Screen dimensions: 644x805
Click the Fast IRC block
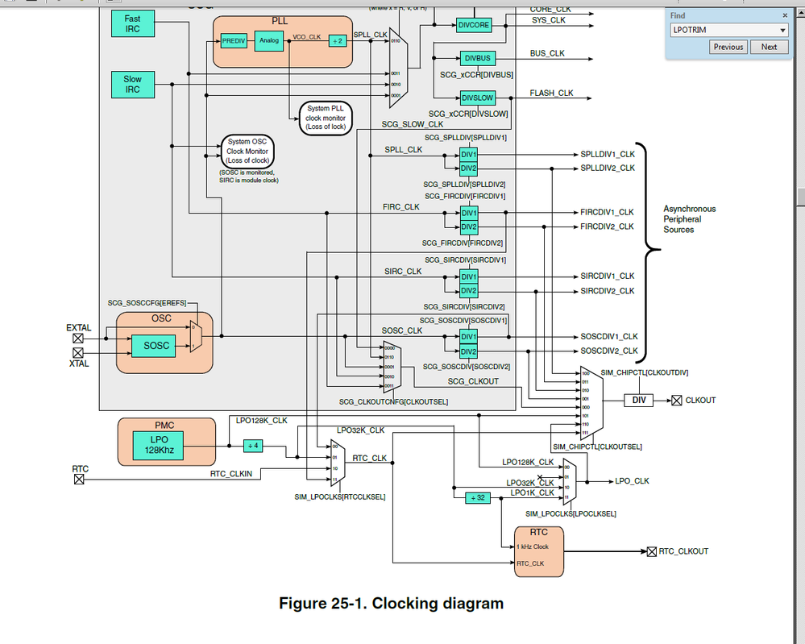tap(132, 23)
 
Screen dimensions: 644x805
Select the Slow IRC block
tap(132, 84)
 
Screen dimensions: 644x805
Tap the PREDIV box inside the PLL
tap(233, 39)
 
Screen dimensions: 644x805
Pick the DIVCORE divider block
tap(473, 25)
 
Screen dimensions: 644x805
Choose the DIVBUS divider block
tap(477, 58)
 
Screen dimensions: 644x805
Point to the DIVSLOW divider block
tap(478, 98)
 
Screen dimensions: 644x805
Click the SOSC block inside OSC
tap(157, 346)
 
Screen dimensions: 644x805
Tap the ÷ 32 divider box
tap(476, 497)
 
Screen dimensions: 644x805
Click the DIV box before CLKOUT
tap(638, 400)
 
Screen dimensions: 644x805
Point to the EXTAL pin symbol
tap(78, 339)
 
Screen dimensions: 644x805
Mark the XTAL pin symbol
tap(78, 353)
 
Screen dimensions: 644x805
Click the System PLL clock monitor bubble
tap(325, 118)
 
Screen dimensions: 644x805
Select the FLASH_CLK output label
tap(551, 93)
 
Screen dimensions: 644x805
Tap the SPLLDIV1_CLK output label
tap(608, 153)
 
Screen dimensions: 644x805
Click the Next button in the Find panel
tap(769, 47)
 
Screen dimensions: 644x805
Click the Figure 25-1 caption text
tap(391, 603)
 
